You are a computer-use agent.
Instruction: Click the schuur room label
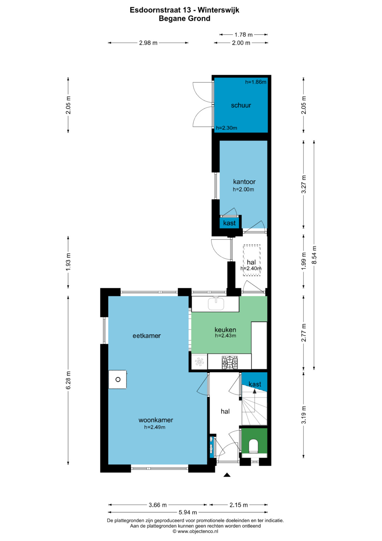click(241, 105)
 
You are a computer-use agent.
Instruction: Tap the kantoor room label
click(244, 182)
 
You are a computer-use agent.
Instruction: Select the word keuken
click(225, 330)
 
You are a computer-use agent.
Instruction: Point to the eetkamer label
click(147, 336)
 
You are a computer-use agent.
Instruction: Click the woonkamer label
click(156, 420)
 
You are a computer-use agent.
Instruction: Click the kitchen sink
click(216, 304)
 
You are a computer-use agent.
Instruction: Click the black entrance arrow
click(227, 475)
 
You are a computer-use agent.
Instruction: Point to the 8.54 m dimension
click(314, 255)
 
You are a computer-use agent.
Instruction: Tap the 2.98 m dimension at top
click(148, 43)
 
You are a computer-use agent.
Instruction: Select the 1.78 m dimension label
click(244, 35)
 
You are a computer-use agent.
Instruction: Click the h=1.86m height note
click(256, 82)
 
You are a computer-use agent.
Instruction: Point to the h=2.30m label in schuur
click(226, 128)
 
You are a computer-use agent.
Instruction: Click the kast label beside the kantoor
click(229, 223)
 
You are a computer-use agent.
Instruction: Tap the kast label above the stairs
click(255, 384)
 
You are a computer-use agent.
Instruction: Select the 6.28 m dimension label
click(68, 380)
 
